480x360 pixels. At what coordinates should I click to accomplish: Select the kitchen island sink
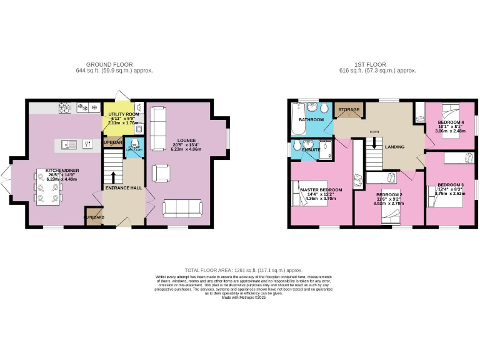point(69,145)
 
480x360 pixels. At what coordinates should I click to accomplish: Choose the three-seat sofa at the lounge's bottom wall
point(182,208)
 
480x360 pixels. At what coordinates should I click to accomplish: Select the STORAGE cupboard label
point(349,110)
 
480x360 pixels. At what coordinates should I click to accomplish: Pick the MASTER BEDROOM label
point(321,189)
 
